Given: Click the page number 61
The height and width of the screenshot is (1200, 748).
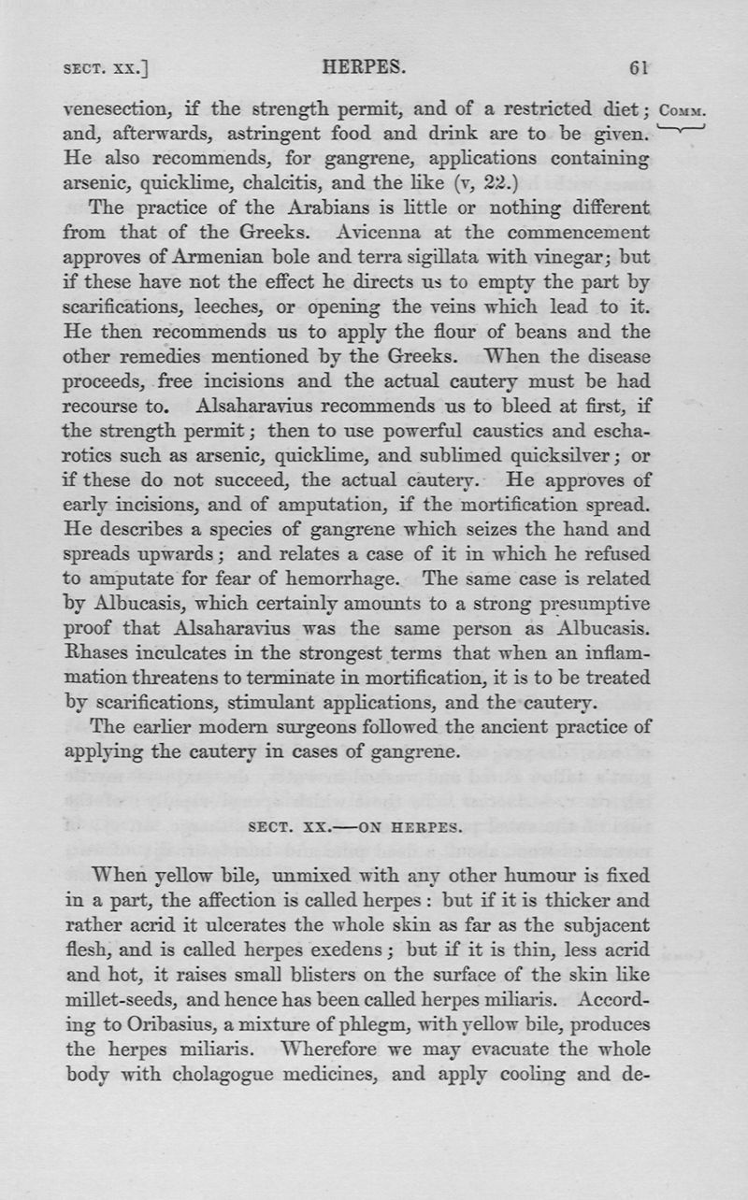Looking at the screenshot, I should [x=640, y=68].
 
